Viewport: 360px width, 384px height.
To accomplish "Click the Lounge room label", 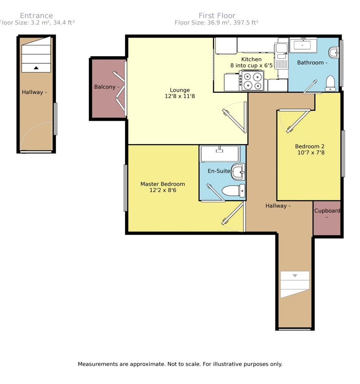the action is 180,90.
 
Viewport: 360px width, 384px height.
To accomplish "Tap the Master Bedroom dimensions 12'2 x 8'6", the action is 163,190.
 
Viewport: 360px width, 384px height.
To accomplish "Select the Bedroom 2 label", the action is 310,147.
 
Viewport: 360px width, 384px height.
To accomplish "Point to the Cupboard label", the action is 327,211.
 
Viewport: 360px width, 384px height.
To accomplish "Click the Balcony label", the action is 105,87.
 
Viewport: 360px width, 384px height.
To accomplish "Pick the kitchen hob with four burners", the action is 253,80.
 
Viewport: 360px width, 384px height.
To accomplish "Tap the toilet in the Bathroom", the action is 330,83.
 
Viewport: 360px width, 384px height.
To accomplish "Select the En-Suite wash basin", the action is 238,172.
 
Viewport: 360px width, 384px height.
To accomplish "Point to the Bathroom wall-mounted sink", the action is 334,52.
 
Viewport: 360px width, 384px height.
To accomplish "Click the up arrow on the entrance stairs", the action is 36,68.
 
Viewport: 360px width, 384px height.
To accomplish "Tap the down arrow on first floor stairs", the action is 295,276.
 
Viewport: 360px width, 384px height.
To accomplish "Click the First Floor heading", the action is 217,16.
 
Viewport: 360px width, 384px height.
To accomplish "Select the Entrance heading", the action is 36,16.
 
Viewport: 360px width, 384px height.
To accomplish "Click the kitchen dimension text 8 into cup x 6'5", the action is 252,66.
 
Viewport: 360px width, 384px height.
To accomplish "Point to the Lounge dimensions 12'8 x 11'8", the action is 180,96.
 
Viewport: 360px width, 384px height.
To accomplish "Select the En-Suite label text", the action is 219,171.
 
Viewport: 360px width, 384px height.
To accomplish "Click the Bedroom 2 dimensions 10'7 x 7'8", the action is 311,153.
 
